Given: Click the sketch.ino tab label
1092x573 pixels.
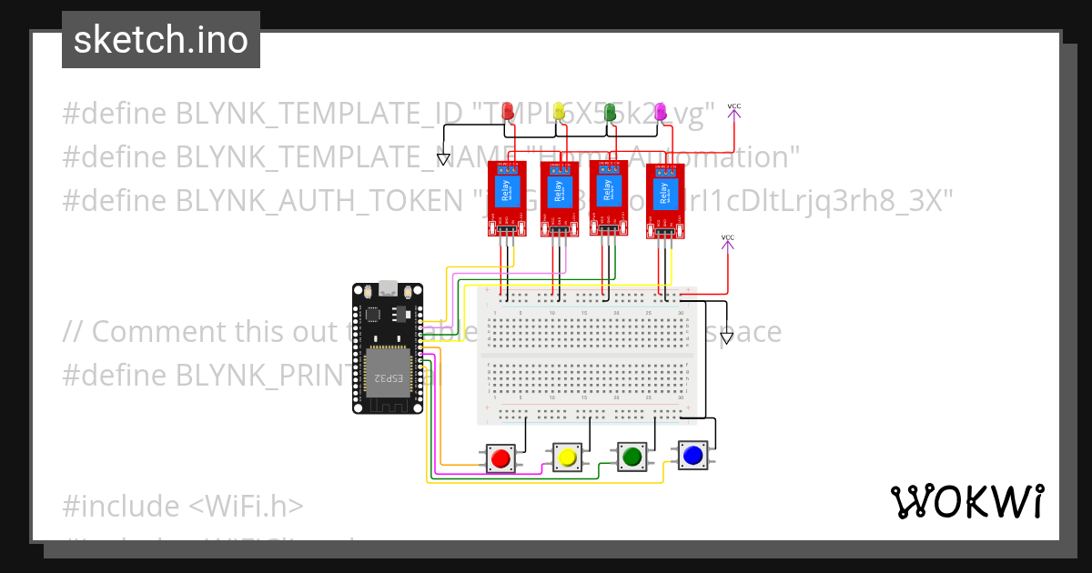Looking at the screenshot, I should (161, 40).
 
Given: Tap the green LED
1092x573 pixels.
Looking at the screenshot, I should (611, 111).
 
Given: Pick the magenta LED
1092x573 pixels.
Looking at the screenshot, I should (661, 111).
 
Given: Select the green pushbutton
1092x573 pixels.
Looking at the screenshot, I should (632, 457).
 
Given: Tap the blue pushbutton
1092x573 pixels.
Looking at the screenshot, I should (693, 455).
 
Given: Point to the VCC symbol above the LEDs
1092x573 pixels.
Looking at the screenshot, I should (734, 110).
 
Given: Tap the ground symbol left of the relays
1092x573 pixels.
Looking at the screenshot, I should (443, 159).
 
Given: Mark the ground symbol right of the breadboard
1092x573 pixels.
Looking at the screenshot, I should (725, 338).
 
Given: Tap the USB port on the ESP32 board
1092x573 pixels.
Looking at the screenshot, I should (388, 289).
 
